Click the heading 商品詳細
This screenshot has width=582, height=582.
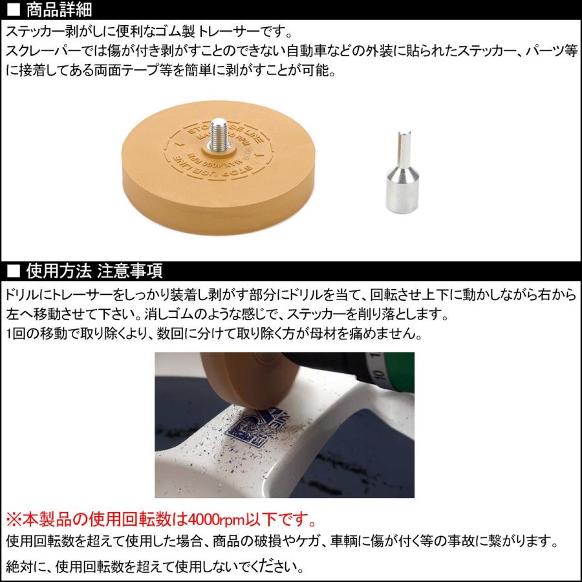59,10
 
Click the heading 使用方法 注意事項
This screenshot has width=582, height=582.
94,270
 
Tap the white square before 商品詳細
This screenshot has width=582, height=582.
13,10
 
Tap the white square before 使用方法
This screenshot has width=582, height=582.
13,271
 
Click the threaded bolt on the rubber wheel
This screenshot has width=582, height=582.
218,134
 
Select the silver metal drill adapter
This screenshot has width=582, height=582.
402,172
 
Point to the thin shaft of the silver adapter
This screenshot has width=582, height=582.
404,149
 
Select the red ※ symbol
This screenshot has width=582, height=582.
14,519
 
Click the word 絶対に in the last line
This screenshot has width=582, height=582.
26,566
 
